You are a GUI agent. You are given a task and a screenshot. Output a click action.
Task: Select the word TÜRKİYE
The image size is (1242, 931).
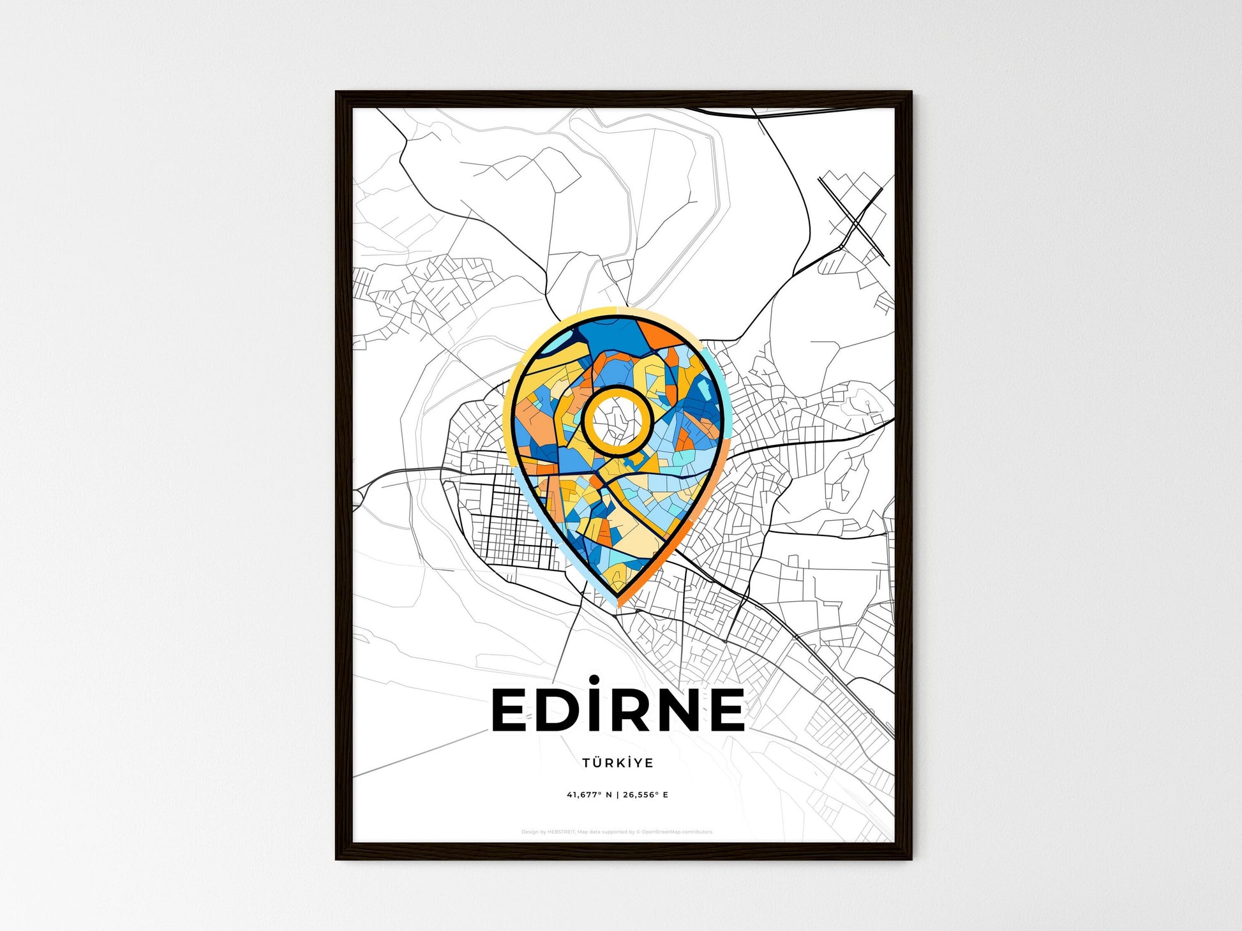[x=617, y=763]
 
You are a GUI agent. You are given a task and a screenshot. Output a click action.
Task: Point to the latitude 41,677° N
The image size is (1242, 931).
[x=589, y=795]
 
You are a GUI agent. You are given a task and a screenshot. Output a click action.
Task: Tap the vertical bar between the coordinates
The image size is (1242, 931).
[x=617, y=795]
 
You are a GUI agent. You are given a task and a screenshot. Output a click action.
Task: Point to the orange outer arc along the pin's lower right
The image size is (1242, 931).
[x=683, y=539]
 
